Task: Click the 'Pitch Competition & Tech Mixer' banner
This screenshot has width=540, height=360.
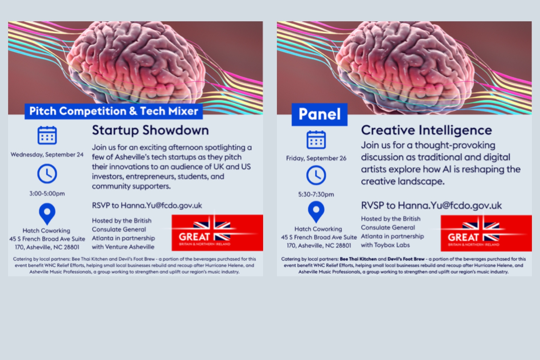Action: tap(114, 111)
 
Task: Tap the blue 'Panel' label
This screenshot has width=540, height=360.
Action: tap(319, 114)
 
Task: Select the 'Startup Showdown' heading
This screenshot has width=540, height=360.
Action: tap(150, 130)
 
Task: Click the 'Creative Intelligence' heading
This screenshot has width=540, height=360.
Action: tap(426, 130)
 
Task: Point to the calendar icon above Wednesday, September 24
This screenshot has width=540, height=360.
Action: tap(47, 135)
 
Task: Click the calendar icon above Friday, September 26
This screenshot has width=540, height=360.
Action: tap(316, 139)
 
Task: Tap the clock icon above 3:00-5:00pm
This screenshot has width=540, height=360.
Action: tap(47, 174)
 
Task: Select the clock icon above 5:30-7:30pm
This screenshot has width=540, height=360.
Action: tap(316, 175)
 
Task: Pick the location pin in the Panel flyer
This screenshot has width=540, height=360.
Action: tap(316, 211)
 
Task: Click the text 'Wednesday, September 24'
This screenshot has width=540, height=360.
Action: tap(47, 154)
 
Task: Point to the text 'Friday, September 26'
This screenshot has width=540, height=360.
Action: tap(316, 158)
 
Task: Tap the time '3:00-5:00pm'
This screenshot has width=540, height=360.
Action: tap(47, 193)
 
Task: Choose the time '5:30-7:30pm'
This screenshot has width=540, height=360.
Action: tap(316, 194)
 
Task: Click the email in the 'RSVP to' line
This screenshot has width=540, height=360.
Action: tap(161, 205)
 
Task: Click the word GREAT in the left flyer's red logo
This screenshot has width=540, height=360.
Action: tap(194, 237)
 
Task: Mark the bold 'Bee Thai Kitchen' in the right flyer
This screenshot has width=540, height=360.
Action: tap(358, 259)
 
